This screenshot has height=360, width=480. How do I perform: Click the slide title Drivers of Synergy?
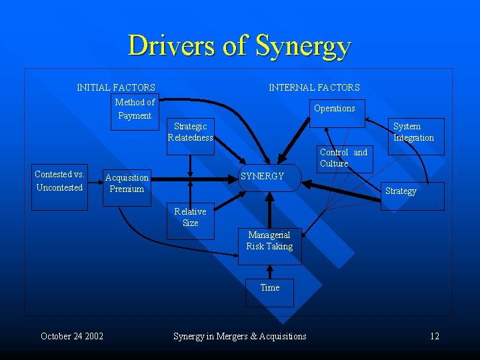pyautogui.click(x=239, y=46)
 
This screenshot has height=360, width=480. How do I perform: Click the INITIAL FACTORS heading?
pyautogui.click(x=116, y=87)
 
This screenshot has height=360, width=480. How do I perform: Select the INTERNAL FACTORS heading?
pyautogui.click(x=314, y=87)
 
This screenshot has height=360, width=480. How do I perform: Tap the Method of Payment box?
pyautogui.click(x=135, y=109)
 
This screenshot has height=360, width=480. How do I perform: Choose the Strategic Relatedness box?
pyautogui.click(x=191, y=133)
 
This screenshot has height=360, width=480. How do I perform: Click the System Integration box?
pyautogui.click(x=413, y=132)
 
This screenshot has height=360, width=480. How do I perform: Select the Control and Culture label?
pyautogui.click(x=343, y=158)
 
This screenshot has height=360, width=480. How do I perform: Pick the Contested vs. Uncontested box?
pyautogui.click(x=59, y=181)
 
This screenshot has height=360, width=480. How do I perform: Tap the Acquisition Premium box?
pyautogui.click(x=127, y=183)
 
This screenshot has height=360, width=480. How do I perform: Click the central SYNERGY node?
pyautogui.click(x=269, y=177)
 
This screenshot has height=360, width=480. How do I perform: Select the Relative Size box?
pyautogui.click(x=191, y=217)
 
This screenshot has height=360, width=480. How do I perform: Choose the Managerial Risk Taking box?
pyautogui.click(x=269, y=241)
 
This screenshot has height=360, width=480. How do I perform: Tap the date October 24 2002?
pyautogui.click(x=72, y=336)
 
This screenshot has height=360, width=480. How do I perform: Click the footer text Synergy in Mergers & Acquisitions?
pyautogui.click(x=240, y=336)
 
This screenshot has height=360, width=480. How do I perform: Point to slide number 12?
pyautogui.click(x=435, y=336)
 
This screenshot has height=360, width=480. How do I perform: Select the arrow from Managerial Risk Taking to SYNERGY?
pyautogui.click(x=269, y=211)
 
